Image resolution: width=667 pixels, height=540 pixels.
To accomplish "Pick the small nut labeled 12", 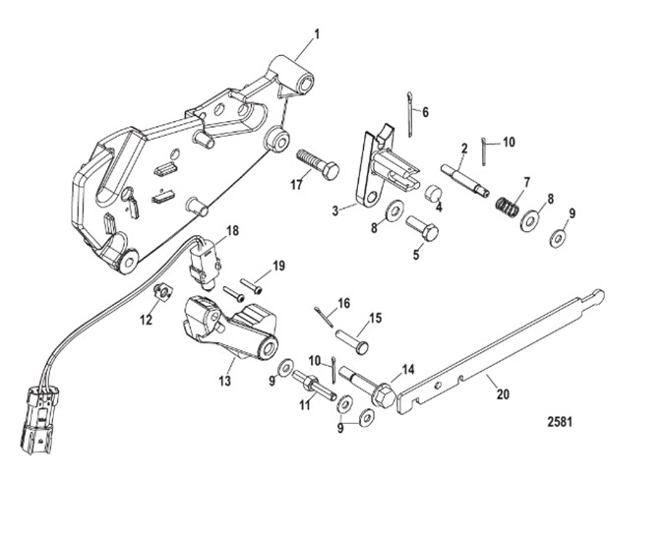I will [x=163, y=291].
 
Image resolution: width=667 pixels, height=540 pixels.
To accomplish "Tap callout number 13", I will [x=226, y=378].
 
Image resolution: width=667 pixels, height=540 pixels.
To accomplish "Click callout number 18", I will [x=232, y=230].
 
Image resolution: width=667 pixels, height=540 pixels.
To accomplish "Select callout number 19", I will [x=278, y=266].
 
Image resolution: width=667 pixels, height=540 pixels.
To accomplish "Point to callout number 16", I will [x=342, y=303].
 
